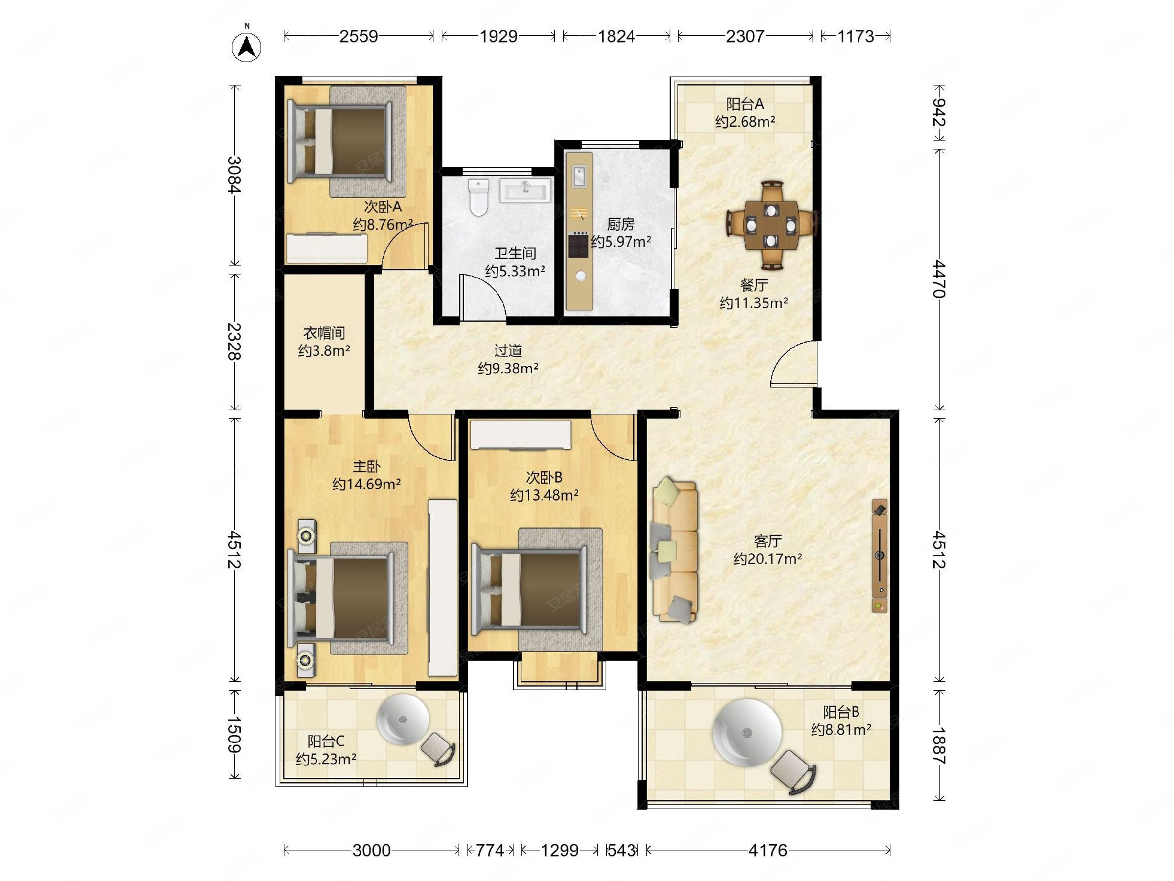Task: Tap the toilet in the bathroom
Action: click(x=479, y=198)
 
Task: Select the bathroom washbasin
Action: click(x=525, y=190)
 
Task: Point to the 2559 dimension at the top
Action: click(x=358, y=36)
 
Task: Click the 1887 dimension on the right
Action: click(x=938, y=745)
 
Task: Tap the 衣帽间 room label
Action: click(x=324, y=333)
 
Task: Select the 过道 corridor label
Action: click(x=508, y=350)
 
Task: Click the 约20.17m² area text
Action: click(x=768, y=558)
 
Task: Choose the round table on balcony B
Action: click(x=747, y=733)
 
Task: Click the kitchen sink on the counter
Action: click(x=579, y=176)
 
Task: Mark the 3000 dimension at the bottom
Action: click(x=371, y=850)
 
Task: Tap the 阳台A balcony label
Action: click(x=745, y=104)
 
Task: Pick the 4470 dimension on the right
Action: click(x=938, y=279)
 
